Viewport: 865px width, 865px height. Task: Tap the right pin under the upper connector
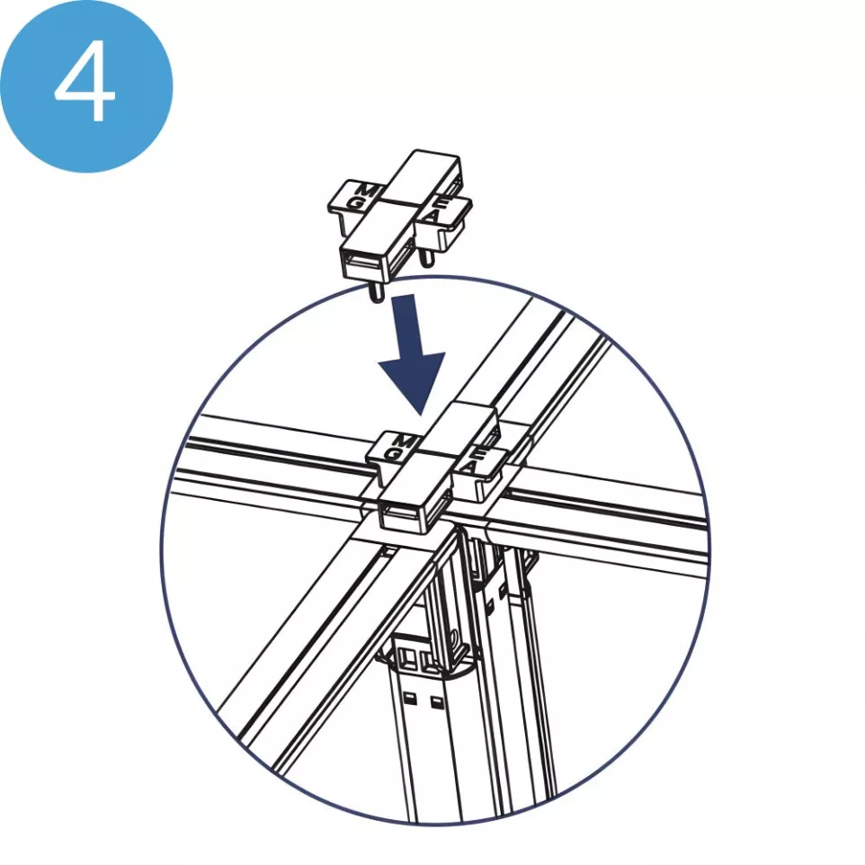pyautogui.click(x=427, y=260)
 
